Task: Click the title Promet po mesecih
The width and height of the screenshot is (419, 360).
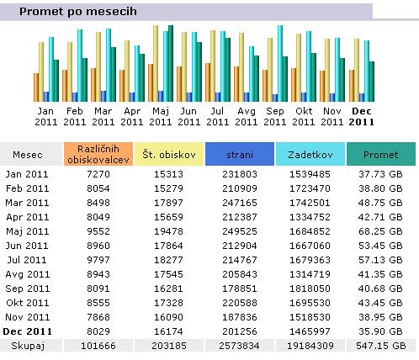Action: click(x=78, y=12)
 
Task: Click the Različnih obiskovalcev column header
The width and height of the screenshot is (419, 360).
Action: click(x=98, y=154)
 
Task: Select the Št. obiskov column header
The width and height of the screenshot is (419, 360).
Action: click(x=169, y=154)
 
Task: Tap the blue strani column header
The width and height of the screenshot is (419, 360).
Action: click(x=240, y=154)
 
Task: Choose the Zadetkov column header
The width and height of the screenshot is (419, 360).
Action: click(x=310, y=154)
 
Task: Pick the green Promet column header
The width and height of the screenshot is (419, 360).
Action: click(x=381, y=154)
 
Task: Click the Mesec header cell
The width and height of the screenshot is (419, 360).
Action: click(x=28, y=155)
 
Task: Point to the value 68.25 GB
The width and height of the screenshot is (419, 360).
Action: click(x=380, y=231)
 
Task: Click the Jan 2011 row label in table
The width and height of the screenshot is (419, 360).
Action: click(x=27, y=174)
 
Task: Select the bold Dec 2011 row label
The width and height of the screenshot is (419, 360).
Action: click(x=28, y=331)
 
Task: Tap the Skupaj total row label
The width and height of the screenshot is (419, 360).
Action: click(x=28, y=346)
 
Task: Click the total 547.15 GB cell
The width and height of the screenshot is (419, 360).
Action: click(x=381, y=346)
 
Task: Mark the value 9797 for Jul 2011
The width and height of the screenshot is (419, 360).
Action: click(x=98, y=260)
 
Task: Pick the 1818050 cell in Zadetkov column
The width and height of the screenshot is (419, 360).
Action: click(x=310, y=289)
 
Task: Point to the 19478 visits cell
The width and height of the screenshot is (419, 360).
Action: click(x=168, y=231)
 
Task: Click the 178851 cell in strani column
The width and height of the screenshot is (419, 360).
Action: click(x=240, y=289)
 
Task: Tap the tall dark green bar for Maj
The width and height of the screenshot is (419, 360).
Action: click(x=171, y=63)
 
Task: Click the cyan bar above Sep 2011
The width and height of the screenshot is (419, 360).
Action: click(x=280, y=63)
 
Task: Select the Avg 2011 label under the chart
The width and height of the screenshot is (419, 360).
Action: click(x=247, y=117)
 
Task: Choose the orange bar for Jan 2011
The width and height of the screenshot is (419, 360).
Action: click(x=36, y=87)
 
